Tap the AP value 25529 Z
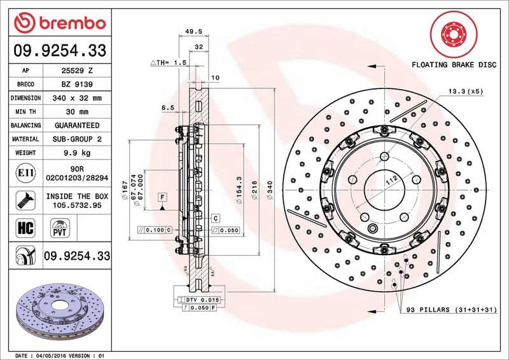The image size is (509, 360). pos(78,71)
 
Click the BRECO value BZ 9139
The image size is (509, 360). pos(78,84)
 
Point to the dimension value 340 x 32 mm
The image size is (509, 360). pos(78,98)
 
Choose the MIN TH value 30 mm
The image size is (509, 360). pos(78,112)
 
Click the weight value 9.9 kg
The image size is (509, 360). pos(78,153)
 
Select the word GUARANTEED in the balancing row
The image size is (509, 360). pos(78,125)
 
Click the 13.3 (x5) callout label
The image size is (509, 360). pos(465,91)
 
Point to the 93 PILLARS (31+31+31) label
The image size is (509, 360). pos(449,310)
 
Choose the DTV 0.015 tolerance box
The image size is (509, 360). pos(202,299)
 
